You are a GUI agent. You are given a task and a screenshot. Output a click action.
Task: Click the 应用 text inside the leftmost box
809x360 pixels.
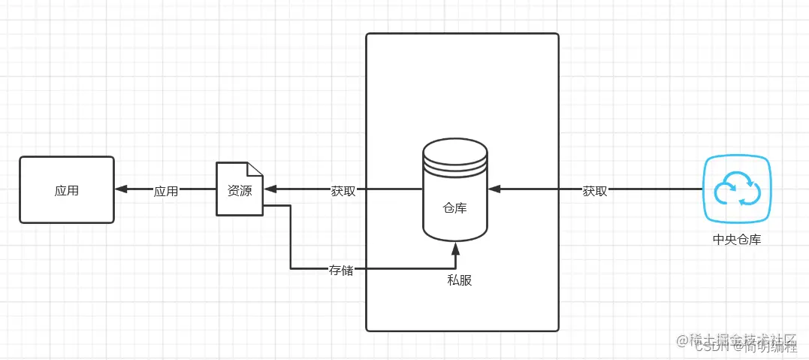tap(66, 190)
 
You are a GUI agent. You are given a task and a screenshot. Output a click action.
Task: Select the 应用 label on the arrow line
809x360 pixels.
tap(166, 191)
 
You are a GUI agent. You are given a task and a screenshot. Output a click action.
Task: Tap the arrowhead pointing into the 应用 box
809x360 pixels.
tap(120, 190)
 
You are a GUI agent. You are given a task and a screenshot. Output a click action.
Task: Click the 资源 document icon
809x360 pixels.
tap(240, 189)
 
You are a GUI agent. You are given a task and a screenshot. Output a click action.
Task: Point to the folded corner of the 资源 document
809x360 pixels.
tap(256, 169)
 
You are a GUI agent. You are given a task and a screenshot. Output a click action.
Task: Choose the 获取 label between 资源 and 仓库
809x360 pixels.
tap(343, 191)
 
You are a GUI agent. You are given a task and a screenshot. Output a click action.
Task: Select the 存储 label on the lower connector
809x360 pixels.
tap(341, 268)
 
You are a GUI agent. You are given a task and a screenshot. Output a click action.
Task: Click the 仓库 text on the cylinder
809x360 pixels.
tap(454, 207)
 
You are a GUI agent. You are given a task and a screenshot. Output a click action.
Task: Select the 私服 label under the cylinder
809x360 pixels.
tap(460, 280)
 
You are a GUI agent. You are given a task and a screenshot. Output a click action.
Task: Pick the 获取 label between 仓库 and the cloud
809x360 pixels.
tap(595, 191)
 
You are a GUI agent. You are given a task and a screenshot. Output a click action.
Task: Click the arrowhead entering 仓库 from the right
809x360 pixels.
tap(493, 190)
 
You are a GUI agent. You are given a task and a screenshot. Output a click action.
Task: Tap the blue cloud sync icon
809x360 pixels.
tap(735, 189)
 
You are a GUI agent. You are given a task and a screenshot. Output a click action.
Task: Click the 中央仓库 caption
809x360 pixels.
tap(736, 240)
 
